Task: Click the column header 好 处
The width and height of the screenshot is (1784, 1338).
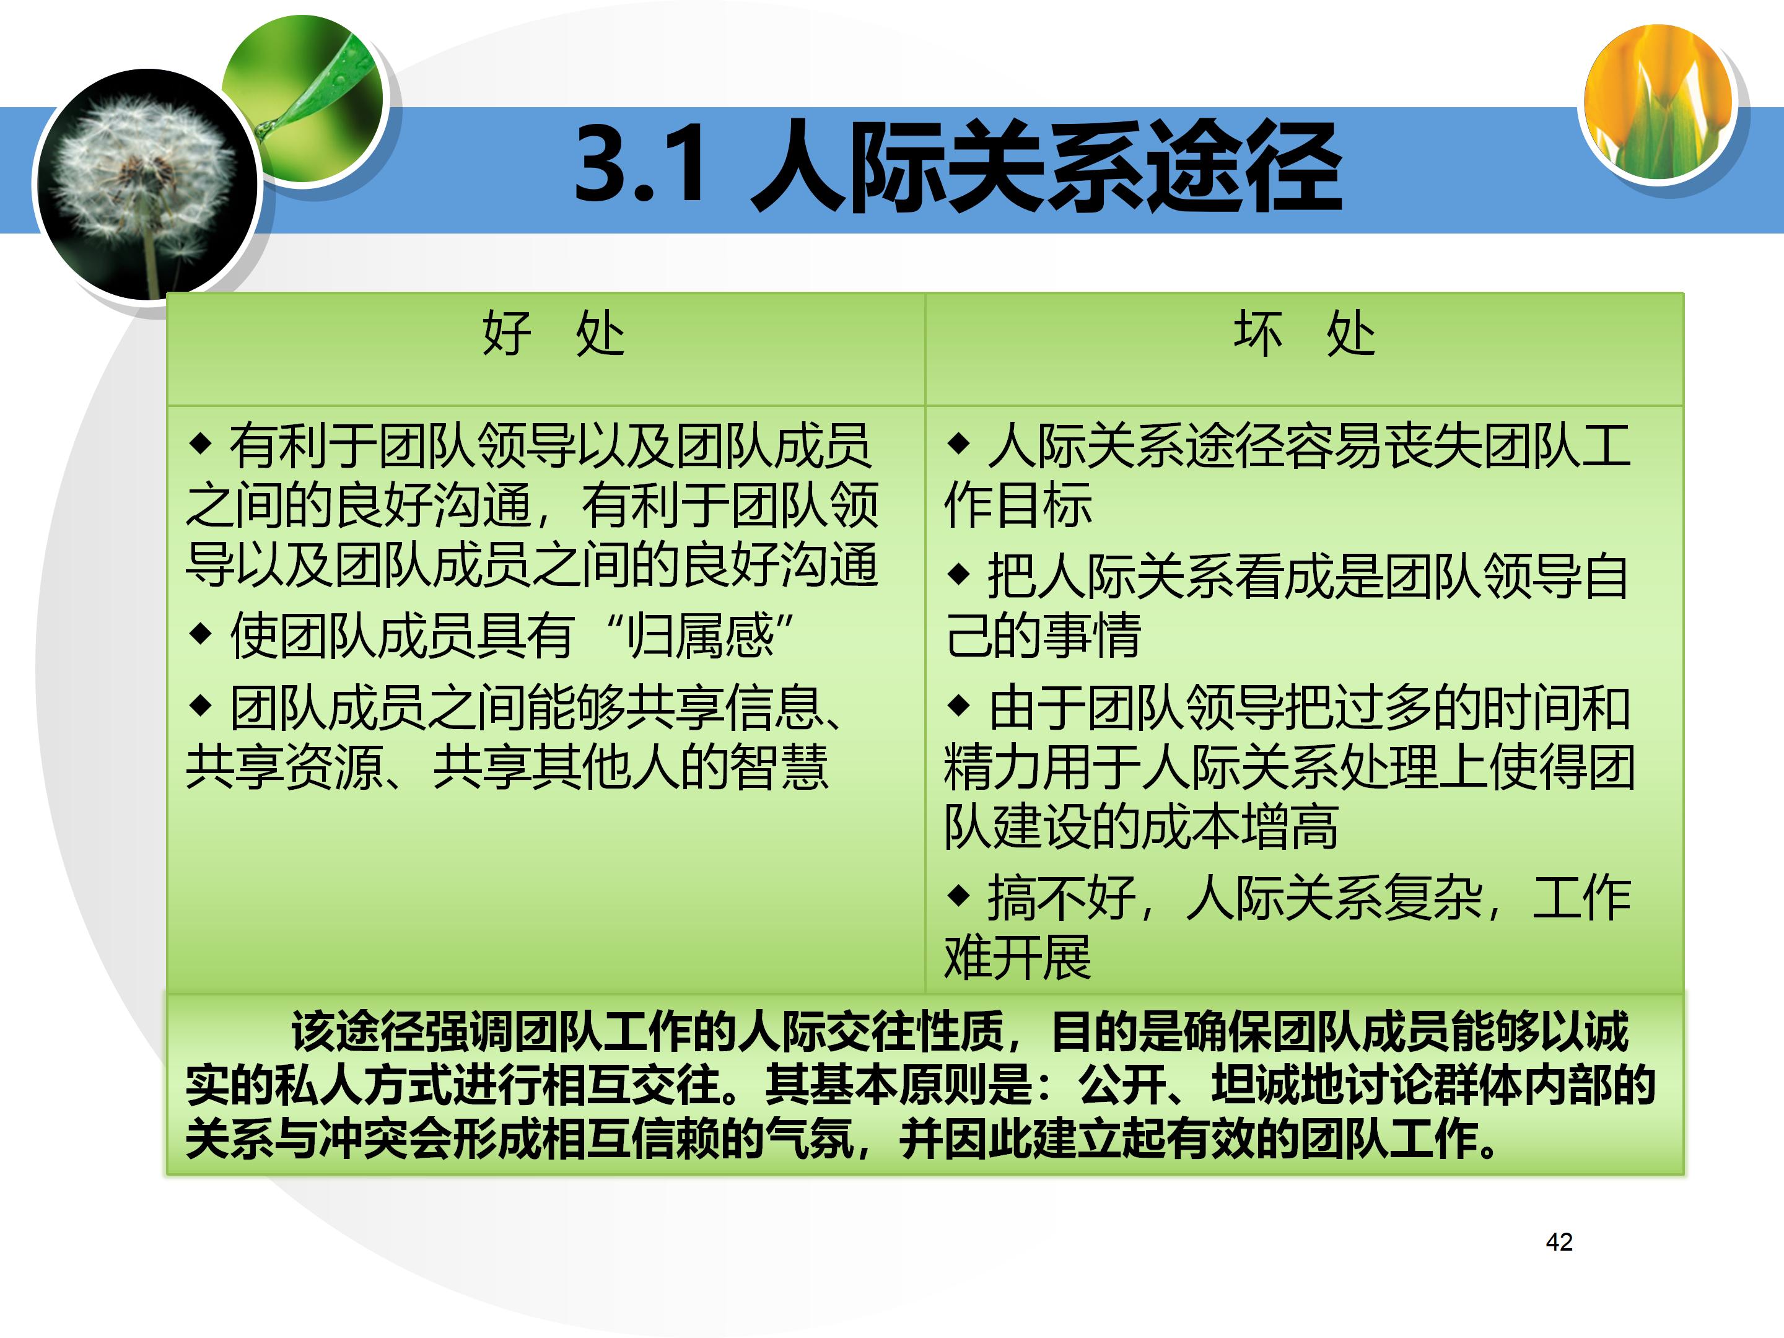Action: (x=553, y=333)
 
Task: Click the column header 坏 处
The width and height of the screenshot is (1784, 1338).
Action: (x=1304, y=333)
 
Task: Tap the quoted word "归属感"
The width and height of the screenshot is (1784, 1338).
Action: (x=700, y=636)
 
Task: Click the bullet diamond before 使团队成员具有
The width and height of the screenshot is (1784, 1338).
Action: (x=199, y=633)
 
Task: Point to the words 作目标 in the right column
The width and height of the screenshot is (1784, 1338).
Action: (x=1018, y=505)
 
